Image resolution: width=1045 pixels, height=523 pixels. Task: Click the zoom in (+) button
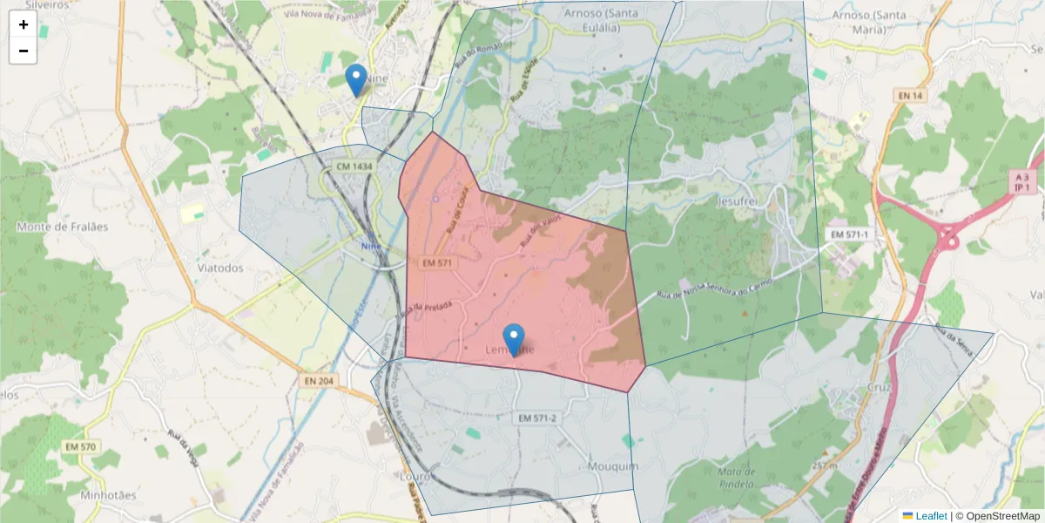point(23,24)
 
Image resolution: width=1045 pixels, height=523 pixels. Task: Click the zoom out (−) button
point(23,51)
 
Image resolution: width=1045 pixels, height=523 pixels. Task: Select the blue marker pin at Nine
point(355,79)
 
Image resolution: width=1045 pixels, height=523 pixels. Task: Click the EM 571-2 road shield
point(537,418)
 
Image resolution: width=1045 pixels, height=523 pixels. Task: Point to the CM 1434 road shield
point(354,166)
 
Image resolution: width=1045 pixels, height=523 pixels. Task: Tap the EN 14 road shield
point(910,95)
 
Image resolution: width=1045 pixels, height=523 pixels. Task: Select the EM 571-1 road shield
point(850,235)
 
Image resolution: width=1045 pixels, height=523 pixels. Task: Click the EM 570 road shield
point(80,447)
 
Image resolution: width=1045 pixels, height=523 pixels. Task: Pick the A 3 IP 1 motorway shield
point(1022,181)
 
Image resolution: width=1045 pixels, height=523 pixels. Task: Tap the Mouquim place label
point(613,466)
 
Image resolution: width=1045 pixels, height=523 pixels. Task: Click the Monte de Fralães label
point(63,227)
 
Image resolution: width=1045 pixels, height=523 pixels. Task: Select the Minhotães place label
point(108,495)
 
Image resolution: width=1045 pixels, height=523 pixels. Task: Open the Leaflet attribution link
point(931,516)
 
